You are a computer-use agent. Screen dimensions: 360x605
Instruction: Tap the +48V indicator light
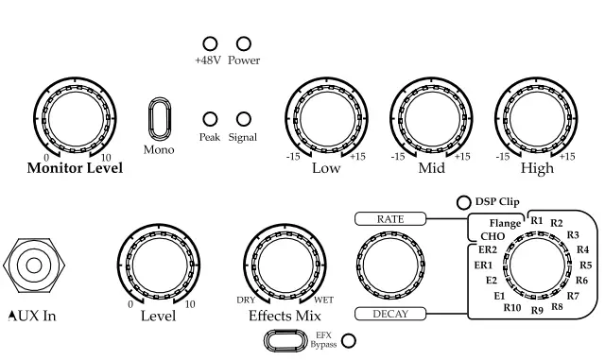pos(210,44)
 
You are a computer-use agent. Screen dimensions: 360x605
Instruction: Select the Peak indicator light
pos(210,119)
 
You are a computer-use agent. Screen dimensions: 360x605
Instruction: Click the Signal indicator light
pos(243,119)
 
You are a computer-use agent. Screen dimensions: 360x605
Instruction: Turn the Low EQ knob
pos(325,121)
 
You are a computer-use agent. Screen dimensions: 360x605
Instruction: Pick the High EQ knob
pos(536,121)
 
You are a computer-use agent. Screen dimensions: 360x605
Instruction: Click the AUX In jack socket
pos(34,266)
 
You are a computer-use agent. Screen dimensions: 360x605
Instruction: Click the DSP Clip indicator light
pos(463,202)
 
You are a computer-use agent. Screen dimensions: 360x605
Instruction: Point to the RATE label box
pos(390,219)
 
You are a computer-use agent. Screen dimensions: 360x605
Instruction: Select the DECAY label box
pos(390,314)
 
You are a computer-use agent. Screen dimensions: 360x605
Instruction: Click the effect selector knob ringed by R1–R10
pos(533,266)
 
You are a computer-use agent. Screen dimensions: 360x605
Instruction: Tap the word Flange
pos(506,223)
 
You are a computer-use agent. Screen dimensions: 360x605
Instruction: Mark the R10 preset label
pos(512,307)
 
